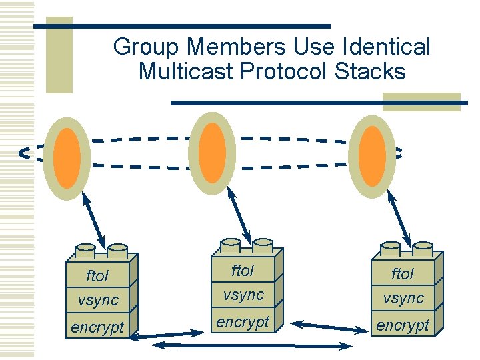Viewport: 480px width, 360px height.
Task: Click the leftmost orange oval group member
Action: (x=67, y=157)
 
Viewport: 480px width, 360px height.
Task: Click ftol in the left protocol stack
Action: (x=97, y=276)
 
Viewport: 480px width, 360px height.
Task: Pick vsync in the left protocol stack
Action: (x=97, y=300)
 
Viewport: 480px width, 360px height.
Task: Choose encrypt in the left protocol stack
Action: (x=97, y=327)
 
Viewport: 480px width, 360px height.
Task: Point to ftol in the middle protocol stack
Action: (x=243, y=271)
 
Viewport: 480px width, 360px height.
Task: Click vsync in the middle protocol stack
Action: (x=243, y=294)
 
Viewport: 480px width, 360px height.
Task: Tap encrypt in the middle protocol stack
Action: (x=243, y=322)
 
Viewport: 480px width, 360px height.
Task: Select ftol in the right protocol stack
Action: (x=403, y=274)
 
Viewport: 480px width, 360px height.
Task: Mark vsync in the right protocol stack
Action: (x=403, y=298)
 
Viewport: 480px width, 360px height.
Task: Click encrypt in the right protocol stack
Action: (x=403, y=325)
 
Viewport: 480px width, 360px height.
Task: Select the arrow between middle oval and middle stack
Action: (x=239, y=215)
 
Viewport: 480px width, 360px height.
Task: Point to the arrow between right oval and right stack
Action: (x=399, y=217)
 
